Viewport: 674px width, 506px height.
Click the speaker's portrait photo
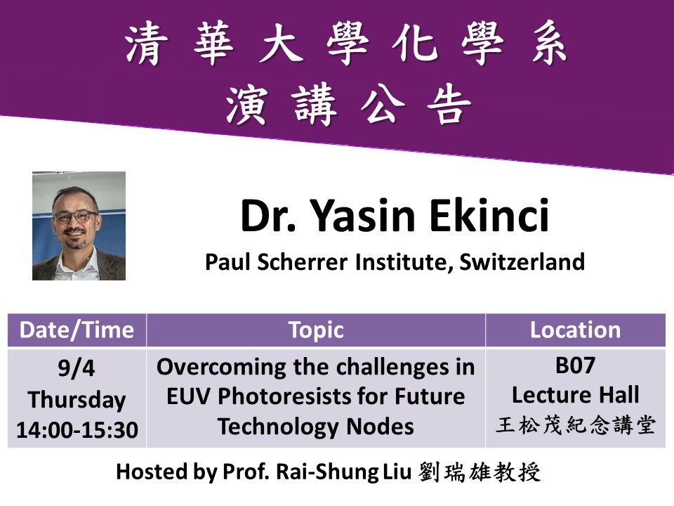point(79,226)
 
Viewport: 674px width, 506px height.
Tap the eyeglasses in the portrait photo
point(75,216)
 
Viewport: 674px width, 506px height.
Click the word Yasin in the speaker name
point(362,216)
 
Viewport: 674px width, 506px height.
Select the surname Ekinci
point(489,215)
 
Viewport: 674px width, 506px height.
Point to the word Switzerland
point(522,261)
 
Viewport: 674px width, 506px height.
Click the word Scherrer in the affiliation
point(302,261)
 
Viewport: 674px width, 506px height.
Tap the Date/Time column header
point(77,330)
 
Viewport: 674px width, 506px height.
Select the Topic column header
point(316,330)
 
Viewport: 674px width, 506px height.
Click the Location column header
point(575,330)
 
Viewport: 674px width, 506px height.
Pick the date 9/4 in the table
point(77,368)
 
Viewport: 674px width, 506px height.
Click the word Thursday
point(77,400)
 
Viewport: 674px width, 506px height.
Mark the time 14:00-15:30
point(77,429)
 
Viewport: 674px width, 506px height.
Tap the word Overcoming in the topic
point(221,368)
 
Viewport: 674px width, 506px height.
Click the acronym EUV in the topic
point(188,396)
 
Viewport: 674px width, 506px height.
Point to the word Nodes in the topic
point(380,427)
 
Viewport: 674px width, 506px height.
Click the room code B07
point(575,365)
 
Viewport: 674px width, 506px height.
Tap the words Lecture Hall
point(576,395)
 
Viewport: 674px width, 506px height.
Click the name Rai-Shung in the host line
point(327,472)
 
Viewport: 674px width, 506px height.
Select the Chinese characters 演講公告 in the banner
point(349,105)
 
